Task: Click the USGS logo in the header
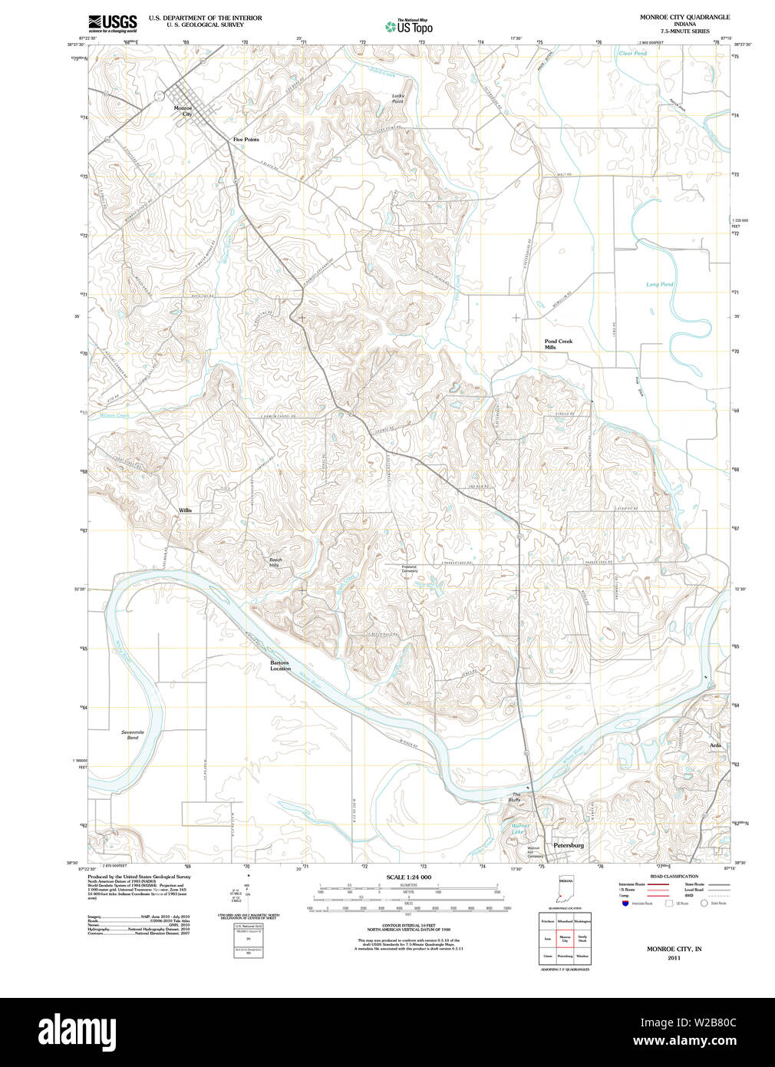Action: coord(112,22)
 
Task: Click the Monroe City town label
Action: coord(183,111)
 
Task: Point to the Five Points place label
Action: coord(246,140)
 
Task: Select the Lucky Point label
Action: coord(397,98)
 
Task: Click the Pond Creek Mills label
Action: coord(558,344)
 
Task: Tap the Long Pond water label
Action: coord(659,284)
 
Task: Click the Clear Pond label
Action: coord(632,53)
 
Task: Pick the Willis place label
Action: coord(185,510)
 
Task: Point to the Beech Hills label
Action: coord(275,563)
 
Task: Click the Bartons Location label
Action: coord(280,666)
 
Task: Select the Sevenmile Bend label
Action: coord(133,735)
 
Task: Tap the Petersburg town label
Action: coord(569,845)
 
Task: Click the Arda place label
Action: coord(715,745)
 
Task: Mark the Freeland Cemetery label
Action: coord(410,569)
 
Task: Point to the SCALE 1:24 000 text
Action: coord(408,877)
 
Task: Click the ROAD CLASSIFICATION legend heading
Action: coord(674,876)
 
